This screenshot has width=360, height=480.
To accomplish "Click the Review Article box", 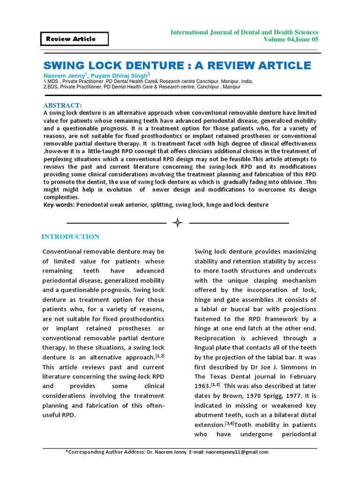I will click(75, 39).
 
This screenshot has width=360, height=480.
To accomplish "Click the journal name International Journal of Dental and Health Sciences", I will click(244, 32).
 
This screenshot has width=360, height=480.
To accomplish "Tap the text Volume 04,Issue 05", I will click(291, 40).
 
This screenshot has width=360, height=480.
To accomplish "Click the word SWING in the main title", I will click(65, 66).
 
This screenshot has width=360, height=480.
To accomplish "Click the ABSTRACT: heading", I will click(63, 105).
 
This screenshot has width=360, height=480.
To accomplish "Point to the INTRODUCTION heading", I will click(70, 237).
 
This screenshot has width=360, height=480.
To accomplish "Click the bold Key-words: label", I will click(59, 205).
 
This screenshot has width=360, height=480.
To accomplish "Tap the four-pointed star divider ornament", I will click(178, 223).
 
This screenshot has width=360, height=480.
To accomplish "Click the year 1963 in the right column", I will click(202, 386).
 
